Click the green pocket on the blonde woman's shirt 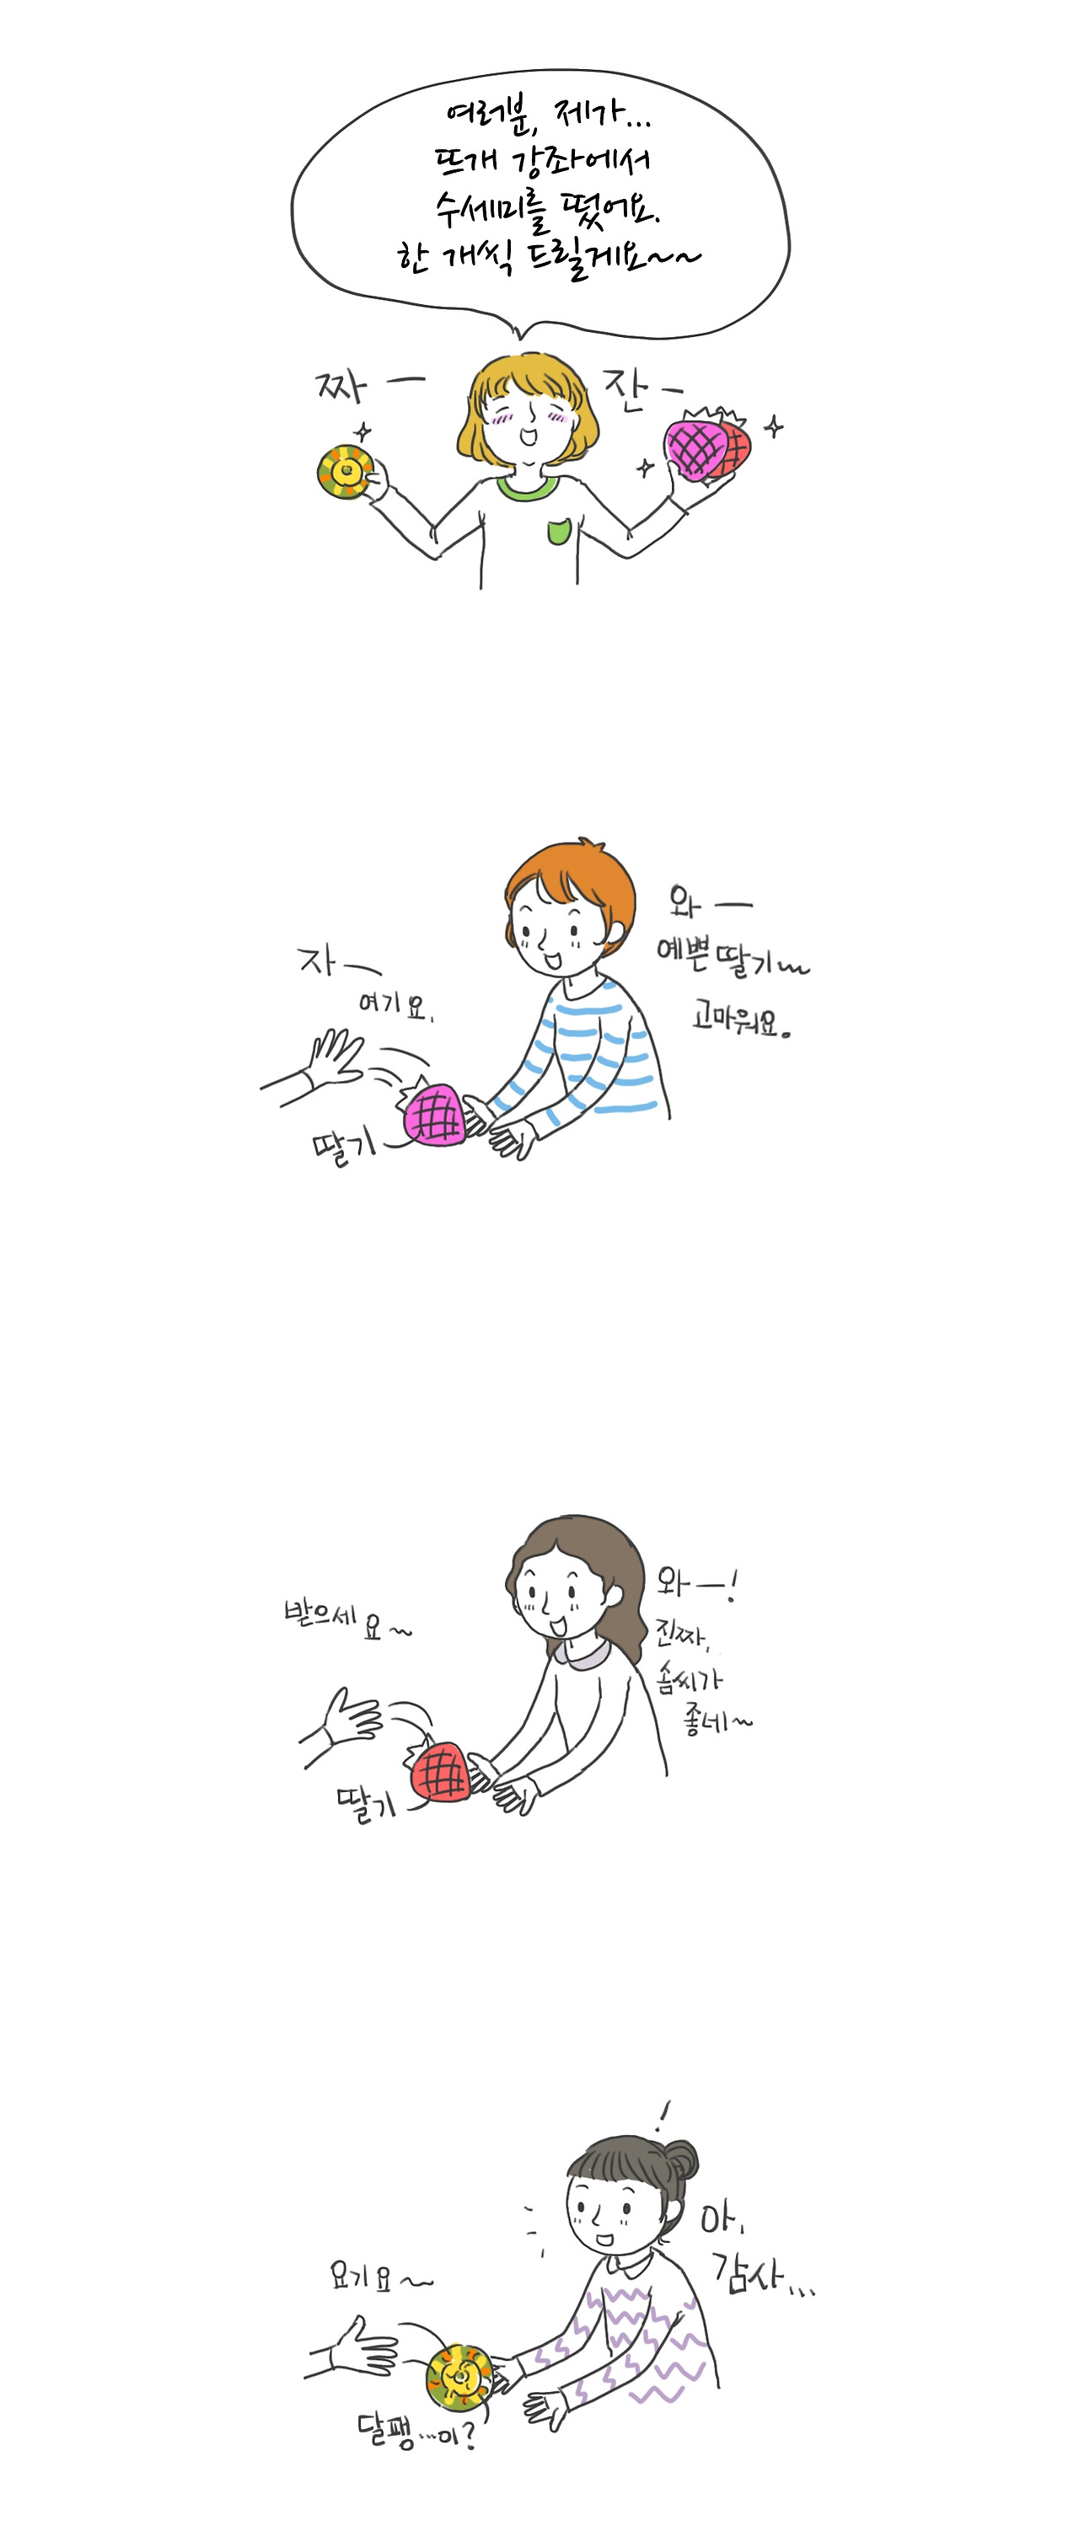(558, 532)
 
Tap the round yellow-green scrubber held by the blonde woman (344, 472)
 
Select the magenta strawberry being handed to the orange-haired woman (434, 1115)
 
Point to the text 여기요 (394, 1004)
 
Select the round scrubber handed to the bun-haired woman (458, 2375)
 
